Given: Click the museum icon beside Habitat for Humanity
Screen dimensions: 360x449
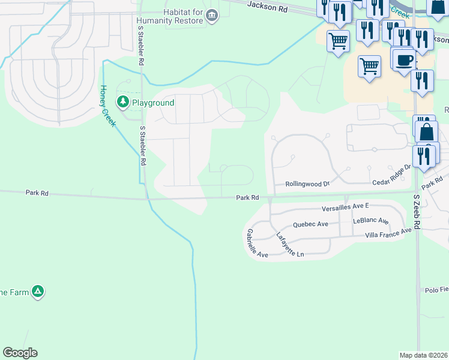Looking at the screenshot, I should click(x=211, y=16).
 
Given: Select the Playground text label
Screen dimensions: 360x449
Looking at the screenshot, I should click(x=153, y=103).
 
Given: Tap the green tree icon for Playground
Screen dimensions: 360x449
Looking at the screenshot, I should click(x=123, y=103).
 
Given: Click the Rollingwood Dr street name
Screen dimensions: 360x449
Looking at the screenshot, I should click(x=307, y=184).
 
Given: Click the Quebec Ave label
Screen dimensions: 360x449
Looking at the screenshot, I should click(x=310, y=224).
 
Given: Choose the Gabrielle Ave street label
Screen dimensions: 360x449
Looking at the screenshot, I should click(x=257, y=243).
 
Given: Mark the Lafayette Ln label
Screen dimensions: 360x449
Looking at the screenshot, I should click(x=290, y=245).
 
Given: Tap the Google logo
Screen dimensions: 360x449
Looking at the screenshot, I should click(x=20, y=353).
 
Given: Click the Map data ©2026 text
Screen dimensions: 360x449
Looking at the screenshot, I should click(x=423, y=355).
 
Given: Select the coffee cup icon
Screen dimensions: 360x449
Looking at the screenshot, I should click(x=405, y=61).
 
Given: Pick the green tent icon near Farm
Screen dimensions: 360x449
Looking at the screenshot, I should click(x=38, y=292).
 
